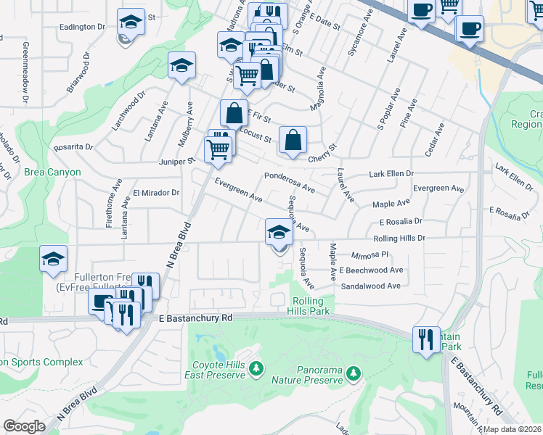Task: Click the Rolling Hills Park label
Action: (311, 306)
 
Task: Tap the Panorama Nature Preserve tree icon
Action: (353, 373)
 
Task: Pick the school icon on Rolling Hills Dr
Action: (279, 233)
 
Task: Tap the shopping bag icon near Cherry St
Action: (293, 140)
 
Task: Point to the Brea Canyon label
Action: (52, 173)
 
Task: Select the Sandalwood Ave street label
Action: (371, 286)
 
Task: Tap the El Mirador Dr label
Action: (156, 193)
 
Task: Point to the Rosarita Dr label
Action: (73, 147)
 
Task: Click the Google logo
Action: (24, 426)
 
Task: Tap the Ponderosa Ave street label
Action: (289, 182)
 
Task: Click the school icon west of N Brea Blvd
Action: (53, 260)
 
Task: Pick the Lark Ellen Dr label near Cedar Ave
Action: (391, 174)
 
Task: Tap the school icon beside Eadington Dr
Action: (131, 21)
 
